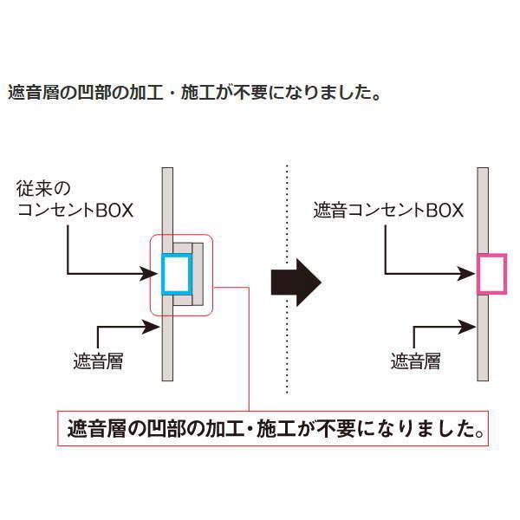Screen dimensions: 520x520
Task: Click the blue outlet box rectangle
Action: [x=176, y=274]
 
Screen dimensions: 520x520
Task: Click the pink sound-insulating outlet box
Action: [x=491, y=274]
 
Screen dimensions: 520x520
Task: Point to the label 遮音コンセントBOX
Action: [x=389, y=210]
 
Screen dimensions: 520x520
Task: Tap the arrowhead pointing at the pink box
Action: [x=470, y=275]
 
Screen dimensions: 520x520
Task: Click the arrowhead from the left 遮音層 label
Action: [x=153, y=327]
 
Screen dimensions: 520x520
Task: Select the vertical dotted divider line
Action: [x=287, y=277]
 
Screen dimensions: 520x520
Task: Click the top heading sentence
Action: [x=195, y=92]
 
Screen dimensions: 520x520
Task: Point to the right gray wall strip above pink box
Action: [x=483, y=208]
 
